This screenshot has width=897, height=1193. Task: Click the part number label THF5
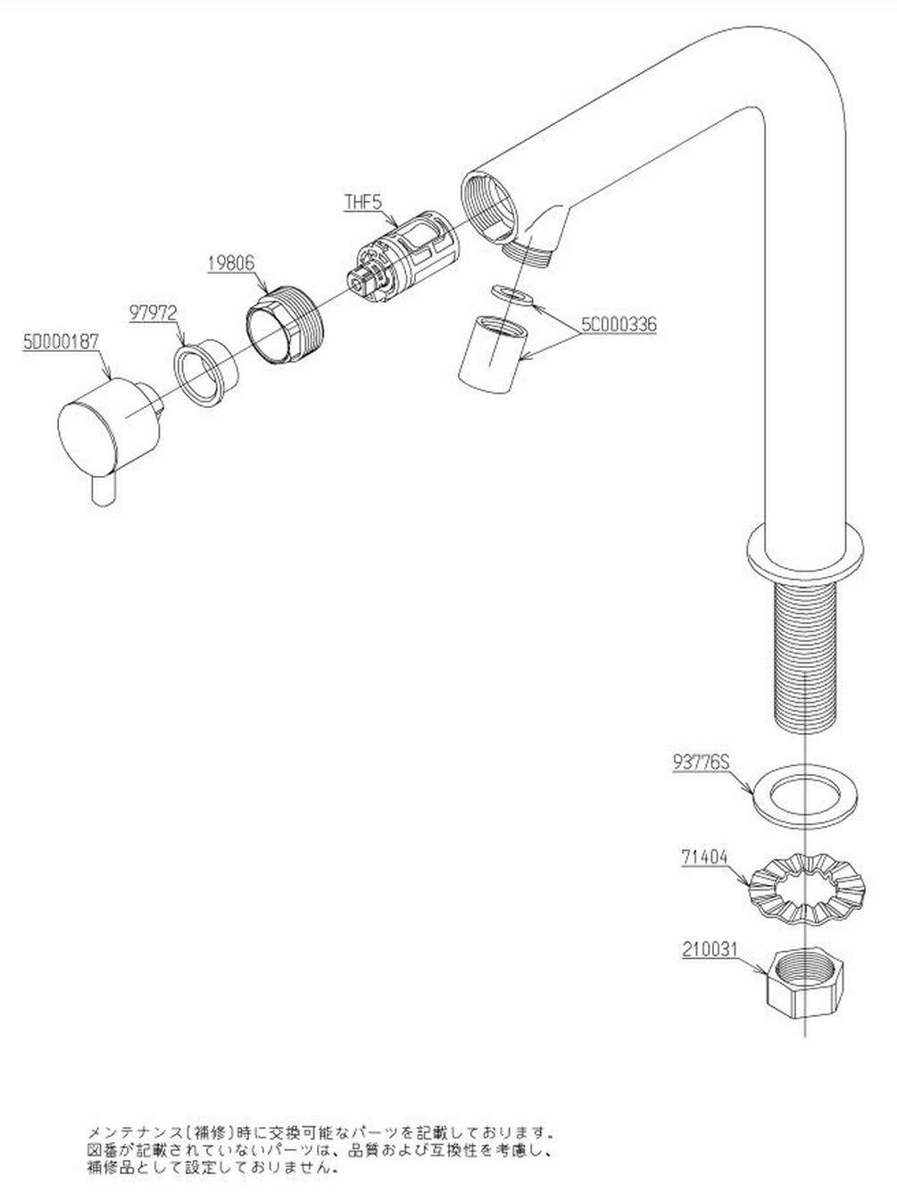pos(363,202)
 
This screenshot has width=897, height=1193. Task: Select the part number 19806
pos(230,263)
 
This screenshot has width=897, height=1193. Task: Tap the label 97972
pos(154,313)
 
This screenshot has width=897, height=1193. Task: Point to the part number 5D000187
pos(61,342)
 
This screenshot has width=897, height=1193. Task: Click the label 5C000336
pos(619,324)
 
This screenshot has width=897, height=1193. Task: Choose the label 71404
pos(704,857)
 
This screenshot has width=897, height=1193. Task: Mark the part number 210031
pos(710,948)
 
